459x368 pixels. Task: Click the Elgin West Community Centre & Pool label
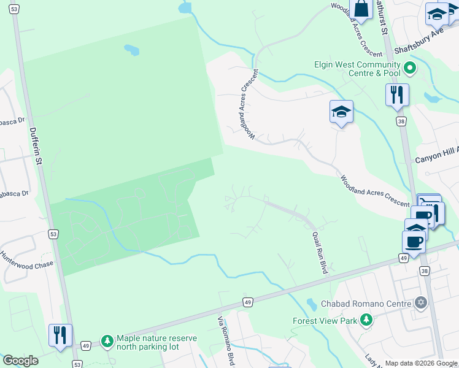357,69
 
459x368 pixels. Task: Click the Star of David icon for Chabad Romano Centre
421,302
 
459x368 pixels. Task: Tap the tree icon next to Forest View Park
366,320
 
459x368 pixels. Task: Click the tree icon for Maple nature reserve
107,340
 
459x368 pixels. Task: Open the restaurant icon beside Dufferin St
60,335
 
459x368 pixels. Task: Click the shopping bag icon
361,9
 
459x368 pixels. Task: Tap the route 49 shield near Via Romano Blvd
247,302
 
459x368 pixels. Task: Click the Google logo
20,361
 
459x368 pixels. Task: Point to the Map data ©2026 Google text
422,363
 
